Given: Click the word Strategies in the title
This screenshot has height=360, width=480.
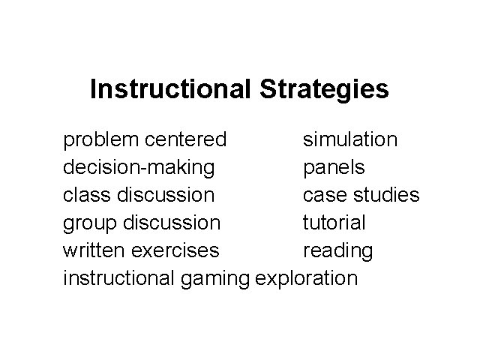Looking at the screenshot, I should [325, 90].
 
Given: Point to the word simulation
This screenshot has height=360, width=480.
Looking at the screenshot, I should [350, 139].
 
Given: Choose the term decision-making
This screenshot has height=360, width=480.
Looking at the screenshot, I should [139, 168].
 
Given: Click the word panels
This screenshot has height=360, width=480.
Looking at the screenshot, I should [334, 168].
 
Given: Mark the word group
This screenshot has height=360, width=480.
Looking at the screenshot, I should [88, 223].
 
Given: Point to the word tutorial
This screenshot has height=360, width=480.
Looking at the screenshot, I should [334, 223].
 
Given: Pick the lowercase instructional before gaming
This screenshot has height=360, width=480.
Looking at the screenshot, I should [120, 278].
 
